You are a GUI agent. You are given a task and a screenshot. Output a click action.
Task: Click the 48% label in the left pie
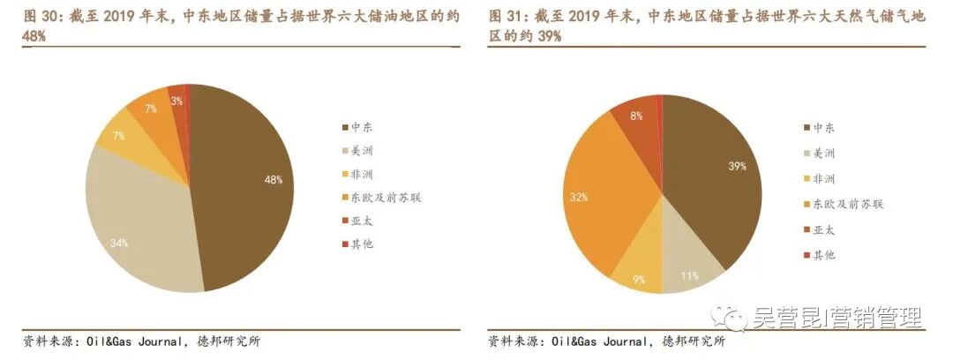(273, 180)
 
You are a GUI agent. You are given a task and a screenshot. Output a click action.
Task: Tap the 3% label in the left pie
(177, 101)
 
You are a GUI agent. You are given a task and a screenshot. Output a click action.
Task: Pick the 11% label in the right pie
(689, 276)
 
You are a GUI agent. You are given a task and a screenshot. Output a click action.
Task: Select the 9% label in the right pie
(639, 281)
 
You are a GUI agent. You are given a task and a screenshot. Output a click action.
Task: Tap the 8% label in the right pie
(636, 116)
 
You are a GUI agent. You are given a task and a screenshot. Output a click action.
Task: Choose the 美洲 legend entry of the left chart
(361, 152)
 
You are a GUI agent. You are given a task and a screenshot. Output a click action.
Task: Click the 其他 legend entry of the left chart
(361, 243)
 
